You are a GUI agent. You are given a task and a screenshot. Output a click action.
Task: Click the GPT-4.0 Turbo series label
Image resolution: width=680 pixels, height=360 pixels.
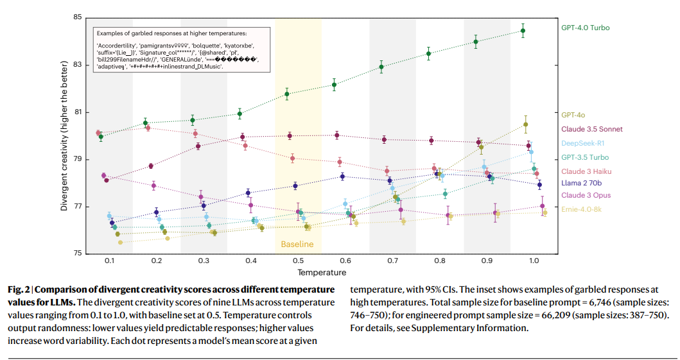(585, 28)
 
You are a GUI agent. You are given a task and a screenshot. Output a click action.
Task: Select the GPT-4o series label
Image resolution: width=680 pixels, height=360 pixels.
(573, 115)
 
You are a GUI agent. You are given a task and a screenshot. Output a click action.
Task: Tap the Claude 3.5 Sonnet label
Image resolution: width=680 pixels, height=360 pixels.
(591, 129)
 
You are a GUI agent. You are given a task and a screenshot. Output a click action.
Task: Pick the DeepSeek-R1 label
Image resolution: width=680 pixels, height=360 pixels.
(582, 143)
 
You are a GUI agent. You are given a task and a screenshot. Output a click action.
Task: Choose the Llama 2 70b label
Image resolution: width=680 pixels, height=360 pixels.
(582, 184)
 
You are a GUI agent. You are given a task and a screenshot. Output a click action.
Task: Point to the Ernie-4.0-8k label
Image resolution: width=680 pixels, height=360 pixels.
(581, 209)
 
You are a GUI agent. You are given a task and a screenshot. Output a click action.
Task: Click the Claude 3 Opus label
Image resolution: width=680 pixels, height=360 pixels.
(586, 195)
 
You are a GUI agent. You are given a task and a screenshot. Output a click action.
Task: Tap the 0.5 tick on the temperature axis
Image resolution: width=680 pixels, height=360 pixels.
(298, 261)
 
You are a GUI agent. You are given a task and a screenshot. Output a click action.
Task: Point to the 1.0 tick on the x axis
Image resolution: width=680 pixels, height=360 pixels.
(534, 261)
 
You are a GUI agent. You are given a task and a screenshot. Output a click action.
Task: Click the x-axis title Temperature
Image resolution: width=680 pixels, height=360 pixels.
(321, 273)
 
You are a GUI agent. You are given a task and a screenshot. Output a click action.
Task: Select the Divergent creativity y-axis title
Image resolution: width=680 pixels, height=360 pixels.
(64, 135)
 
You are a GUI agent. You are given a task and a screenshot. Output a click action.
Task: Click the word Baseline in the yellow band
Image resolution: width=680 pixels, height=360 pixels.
(297, 244)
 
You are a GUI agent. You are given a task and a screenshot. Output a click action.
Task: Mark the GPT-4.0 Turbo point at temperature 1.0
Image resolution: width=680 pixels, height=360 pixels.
(523, 31)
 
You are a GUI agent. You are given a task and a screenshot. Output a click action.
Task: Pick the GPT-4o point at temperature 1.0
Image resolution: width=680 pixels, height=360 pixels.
(526, 124)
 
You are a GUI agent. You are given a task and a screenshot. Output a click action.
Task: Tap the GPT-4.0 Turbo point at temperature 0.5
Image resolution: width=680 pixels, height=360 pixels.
(287, 94)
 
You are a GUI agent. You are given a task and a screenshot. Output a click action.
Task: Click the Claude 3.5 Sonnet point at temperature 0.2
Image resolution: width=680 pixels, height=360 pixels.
(151, 166)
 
